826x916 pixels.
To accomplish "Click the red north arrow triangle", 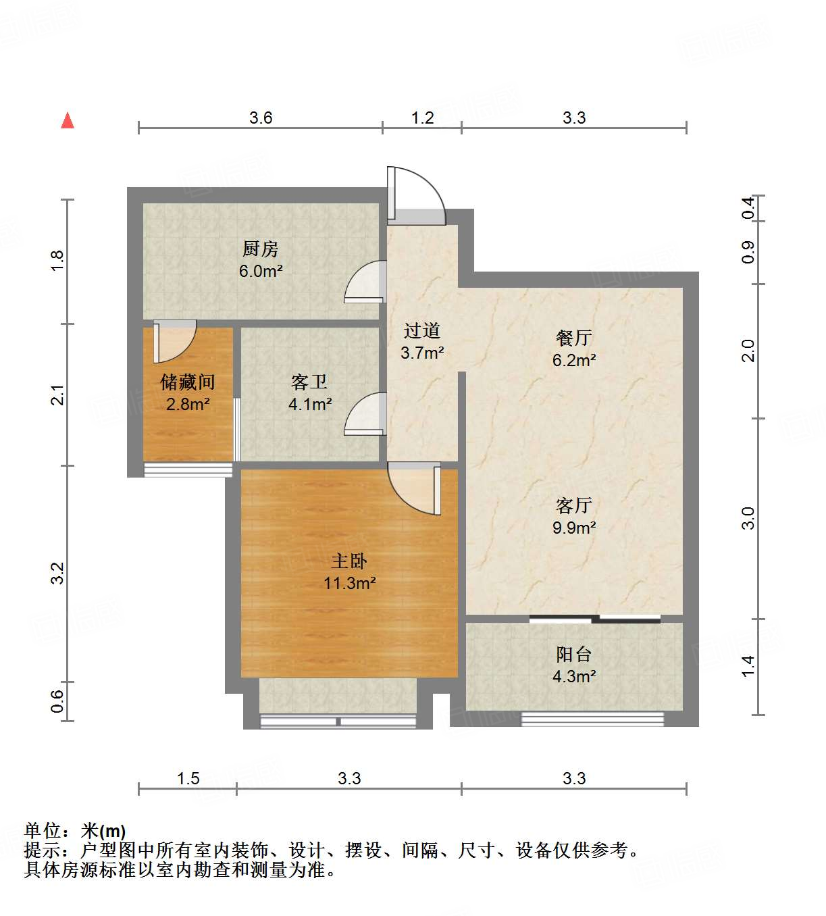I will tap(68, 121).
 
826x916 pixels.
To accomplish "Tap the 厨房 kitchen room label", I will tap(260, 249).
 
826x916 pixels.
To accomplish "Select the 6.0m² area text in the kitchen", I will tap(260, 272).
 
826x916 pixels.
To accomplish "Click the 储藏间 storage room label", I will tap(188, 382).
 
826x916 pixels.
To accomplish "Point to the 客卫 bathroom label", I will tap(309, 382).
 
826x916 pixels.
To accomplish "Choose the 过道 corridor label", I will tap(422, 330).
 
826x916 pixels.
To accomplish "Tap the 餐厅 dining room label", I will tap(574, 338).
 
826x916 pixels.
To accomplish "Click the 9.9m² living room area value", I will tap(574, 528).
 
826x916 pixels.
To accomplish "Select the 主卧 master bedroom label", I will tap(349, 561).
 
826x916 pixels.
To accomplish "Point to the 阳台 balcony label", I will tap(574, 654).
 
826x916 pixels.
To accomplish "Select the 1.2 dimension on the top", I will tap(423, 118).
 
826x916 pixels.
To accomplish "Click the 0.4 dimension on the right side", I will tap(748, 207).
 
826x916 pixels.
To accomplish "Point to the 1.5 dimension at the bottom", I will tap(188, 779).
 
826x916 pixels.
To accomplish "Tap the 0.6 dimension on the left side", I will tap(57, 701).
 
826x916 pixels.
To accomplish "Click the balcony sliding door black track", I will tap(594, 618).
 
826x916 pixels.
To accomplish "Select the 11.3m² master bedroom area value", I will tap(349, 583).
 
